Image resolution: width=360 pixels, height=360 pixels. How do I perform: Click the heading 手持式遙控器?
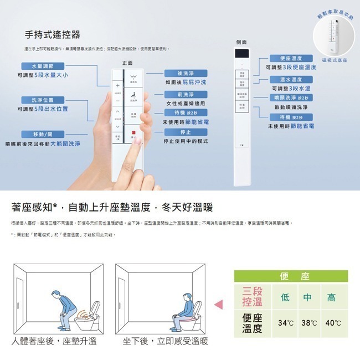click(x=53, y=34)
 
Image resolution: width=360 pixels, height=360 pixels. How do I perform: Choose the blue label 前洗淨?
click(x=186, y=95)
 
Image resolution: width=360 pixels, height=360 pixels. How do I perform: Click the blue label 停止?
click(x=186, y=132)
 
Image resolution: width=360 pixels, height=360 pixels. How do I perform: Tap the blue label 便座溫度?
click(x=292, y=58)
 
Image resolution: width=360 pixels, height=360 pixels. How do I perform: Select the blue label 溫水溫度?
click(x=292, y=79)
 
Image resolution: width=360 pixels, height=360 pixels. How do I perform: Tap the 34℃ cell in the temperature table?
click(x=286, y=322)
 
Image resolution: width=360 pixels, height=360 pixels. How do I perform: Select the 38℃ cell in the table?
click(x=308, y=322)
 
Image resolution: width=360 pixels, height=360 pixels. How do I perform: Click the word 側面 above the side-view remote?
click(x=241, y=42)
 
